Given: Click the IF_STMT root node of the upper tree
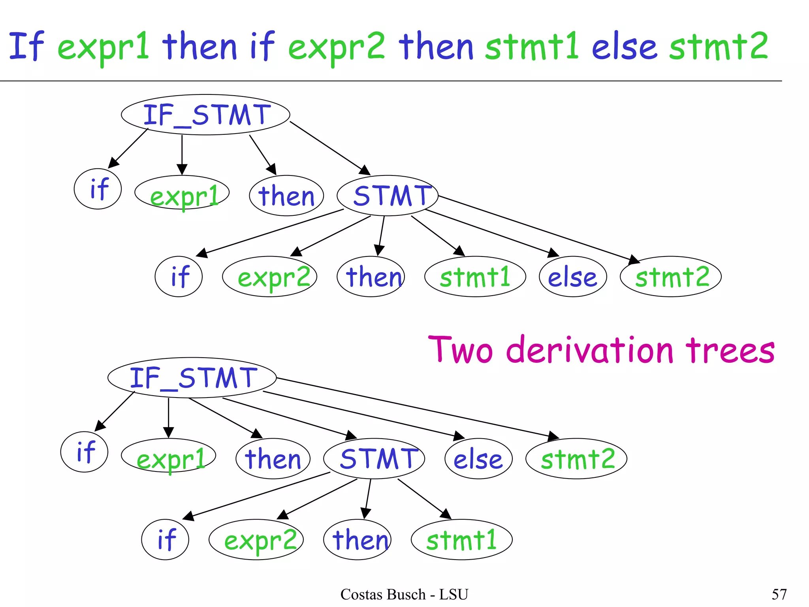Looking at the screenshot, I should (x=205, y=115).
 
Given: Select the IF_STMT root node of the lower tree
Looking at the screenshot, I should (x=192, y=378).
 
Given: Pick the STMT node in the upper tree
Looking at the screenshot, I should (x=388, y=196).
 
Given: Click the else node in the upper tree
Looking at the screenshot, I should (x=573, y=277).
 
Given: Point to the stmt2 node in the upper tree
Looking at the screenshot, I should (x=671, y=277).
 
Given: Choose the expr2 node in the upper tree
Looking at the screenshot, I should (x=270, y=277).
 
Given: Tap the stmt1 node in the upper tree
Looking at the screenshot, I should (x=475, y=277).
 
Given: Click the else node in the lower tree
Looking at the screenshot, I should (x=478, y=459).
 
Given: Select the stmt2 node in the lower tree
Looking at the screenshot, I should (x=576, y=459).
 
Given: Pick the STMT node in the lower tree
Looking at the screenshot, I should (x=374, y=459).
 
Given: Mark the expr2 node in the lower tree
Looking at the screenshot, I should (x=256, y=540).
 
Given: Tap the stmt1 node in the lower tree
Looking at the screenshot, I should (x=462, y=540).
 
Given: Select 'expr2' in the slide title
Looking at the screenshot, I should (x=337, y=47).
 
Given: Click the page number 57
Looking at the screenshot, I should (x=779, y=594).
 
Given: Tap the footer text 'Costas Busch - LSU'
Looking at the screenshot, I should (x=404, y=594).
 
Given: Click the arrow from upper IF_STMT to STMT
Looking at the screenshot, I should (x=330, y=148).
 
